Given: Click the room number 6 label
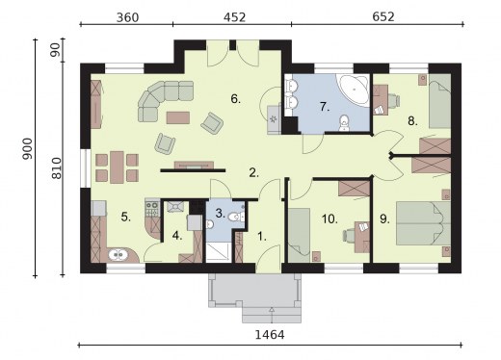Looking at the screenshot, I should tap(234, 98).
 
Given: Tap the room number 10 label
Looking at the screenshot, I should tap(329, 219).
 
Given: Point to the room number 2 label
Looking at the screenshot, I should tap(253, 173).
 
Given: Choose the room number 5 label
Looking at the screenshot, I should tap(126, 217).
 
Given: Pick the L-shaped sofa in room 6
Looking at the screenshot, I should tap(164, 98).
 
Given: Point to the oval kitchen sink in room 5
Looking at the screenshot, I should tap(119, 255).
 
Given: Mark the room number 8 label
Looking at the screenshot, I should tap(411, 121).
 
